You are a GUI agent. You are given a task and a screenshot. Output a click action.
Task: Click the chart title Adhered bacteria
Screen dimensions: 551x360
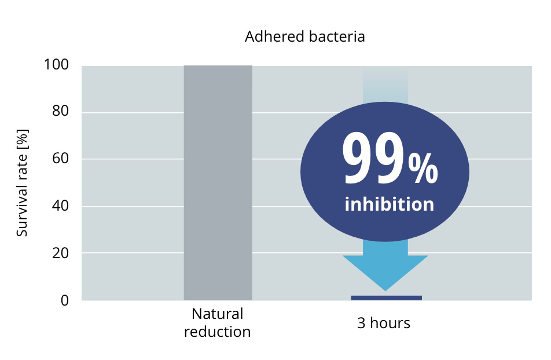point(304,36)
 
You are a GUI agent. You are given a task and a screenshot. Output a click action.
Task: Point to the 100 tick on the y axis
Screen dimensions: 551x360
point(56,65)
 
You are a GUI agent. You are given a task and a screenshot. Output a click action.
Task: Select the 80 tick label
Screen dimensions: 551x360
point(60,111)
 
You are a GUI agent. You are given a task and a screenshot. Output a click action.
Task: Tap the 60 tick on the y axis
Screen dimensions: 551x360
point(60,158)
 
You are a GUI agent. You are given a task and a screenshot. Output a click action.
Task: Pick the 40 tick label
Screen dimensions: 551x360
point(60,205)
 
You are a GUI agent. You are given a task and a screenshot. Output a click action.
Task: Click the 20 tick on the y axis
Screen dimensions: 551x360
point(60,253)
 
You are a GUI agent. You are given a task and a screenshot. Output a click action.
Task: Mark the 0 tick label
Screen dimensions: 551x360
point(65,300)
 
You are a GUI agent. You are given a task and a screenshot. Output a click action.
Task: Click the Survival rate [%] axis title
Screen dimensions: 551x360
point(22,183)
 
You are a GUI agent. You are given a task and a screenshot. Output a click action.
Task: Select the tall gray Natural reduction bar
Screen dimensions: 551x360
point(218,183)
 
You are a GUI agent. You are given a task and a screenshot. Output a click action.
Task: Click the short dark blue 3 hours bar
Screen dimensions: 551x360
point(386,297)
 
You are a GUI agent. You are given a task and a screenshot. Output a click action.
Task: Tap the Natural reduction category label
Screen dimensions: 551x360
point(217,323)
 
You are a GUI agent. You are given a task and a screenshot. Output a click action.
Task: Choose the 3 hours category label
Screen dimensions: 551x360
point(383,323)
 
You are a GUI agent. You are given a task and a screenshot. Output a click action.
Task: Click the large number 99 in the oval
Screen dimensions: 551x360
point(373,158)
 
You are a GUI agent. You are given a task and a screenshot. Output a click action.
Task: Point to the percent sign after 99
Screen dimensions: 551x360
point(423,170)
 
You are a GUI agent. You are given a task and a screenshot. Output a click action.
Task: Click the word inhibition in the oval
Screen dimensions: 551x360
point(390,204)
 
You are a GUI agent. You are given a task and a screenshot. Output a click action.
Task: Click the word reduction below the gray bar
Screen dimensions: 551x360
point(217,332)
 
